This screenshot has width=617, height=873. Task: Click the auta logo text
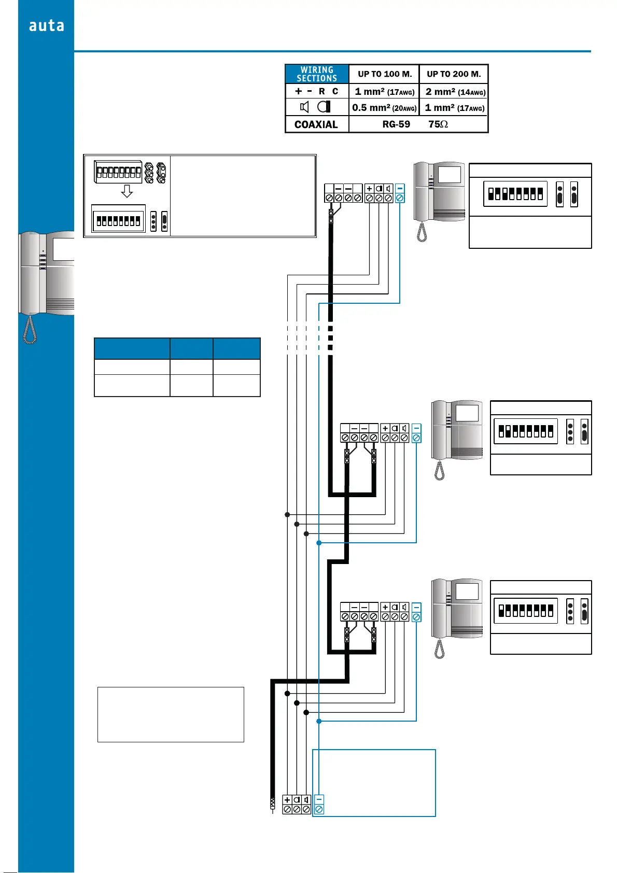pos(46,25)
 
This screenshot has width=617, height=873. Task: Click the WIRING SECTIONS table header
pos(317,74)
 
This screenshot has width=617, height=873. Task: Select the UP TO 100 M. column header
pos(384,74)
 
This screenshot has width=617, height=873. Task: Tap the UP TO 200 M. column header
pos(454,74)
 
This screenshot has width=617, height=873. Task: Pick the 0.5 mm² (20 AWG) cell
pos(384,108)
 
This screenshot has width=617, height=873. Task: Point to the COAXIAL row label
pos(316,124)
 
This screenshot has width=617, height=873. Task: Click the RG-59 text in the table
pos(396,124)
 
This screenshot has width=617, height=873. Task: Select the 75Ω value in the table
pos(438,124)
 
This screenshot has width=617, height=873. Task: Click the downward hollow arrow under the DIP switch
pos(127,192)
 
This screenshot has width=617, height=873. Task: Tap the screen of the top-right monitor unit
pos(450,174)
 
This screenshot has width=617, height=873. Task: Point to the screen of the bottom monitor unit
pos(467,592)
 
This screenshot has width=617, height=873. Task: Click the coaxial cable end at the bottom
pos(272,805)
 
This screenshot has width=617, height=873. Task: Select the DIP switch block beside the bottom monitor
pos(526,611)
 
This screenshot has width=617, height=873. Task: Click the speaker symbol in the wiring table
pos(304,107)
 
